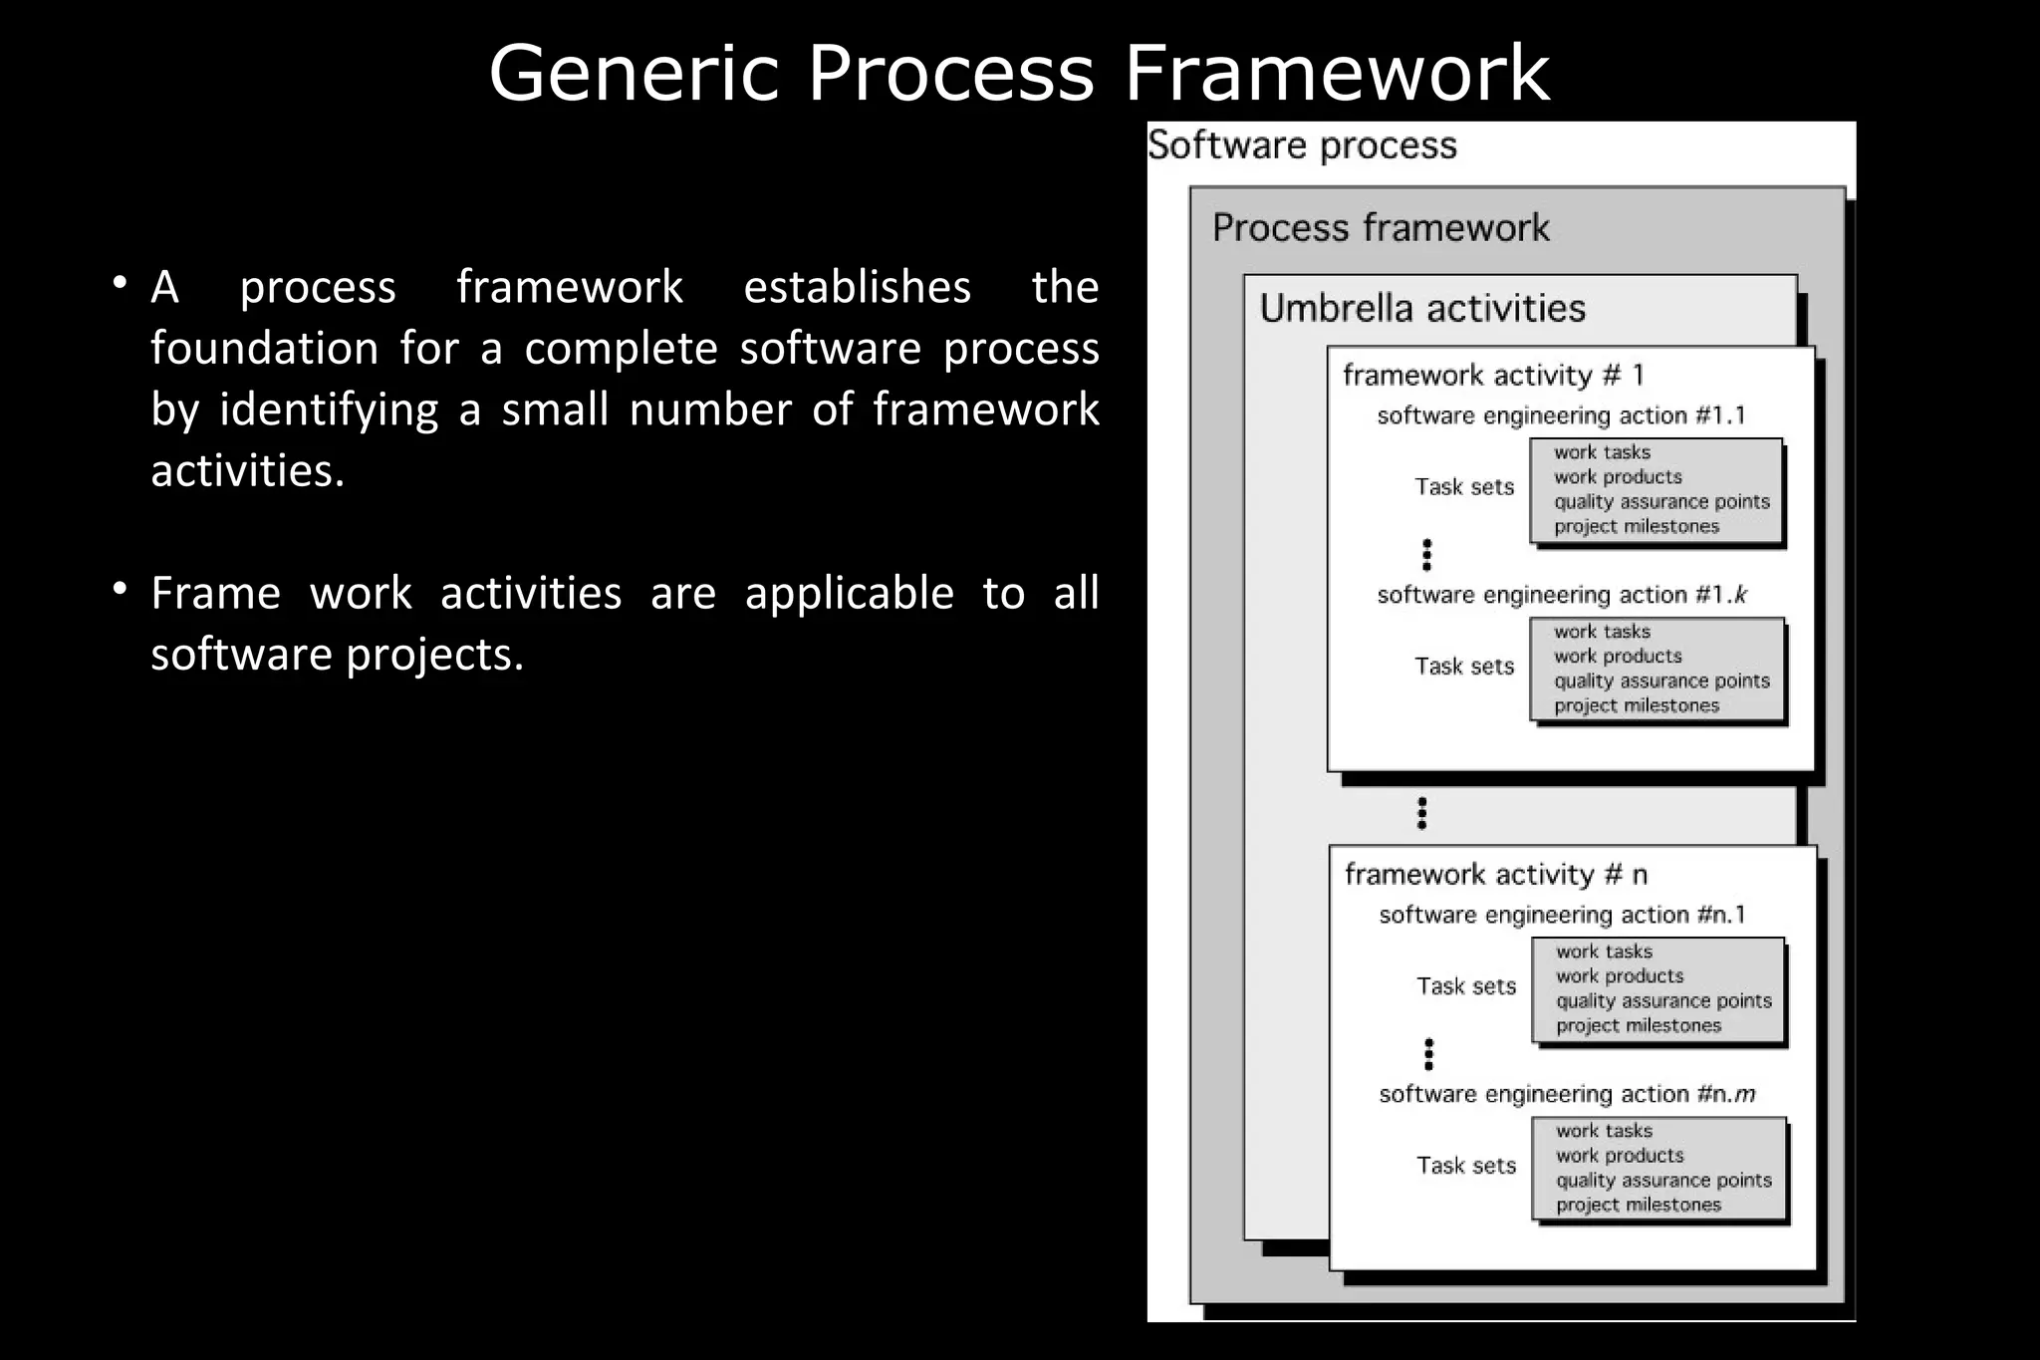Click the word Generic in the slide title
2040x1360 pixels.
point(633,73)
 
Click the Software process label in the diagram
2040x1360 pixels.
point(1302,145)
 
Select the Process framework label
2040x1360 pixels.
point(1381,228)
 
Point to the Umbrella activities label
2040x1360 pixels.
point(1422,308)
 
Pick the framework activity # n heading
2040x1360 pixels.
point(1495,875)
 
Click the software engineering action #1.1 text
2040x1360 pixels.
point(1561,415)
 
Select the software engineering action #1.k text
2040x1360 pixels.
point(1561,595)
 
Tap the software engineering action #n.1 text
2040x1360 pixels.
point(1562,915)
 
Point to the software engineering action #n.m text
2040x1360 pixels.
point(1566,1094)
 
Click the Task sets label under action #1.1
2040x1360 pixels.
point(1464,487)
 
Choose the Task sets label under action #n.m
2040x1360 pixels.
point(1466,1166)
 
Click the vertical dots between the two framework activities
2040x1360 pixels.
point(1421,813)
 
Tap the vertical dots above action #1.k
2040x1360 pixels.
point(1426,555)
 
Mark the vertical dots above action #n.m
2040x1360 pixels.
point(1428,1054)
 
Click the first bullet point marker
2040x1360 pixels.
point(120,284)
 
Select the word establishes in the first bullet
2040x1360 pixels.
point(857,287)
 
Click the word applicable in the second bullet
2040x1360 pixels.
point(849,593)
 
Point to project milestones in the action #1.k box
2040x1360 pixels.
point(1637,705)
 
